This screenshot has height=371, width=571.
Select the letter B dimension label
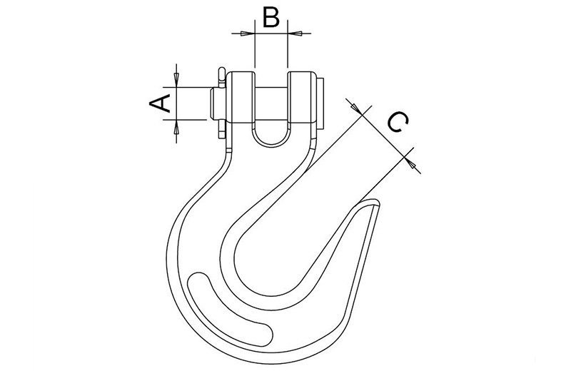tap(271, 16)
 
